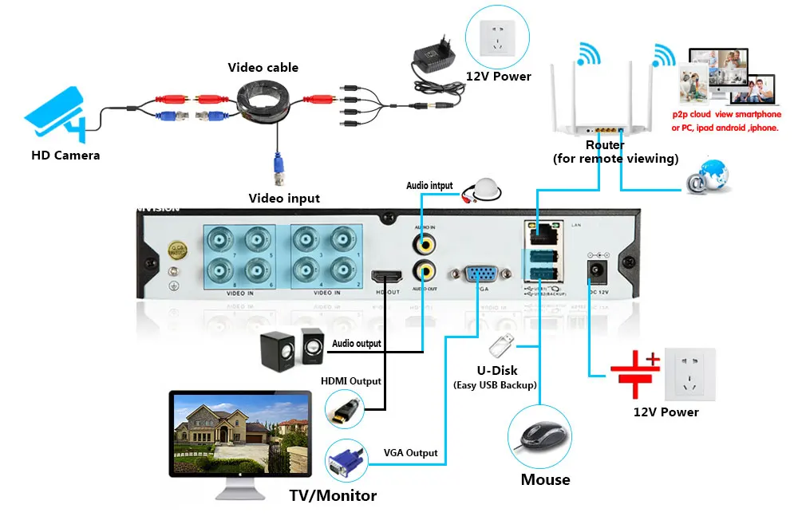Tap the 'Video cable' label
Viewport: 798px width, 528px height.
pos(263,68)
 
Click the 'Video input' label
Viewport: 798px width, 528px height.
pos(284,198)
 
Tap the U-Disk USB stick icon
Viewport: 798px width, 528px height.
pos(500,345)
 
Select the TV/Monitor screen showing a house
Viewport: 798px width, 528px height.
pos(239,435)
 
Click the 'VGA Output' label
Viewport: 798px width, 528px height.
pos(410,453)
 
